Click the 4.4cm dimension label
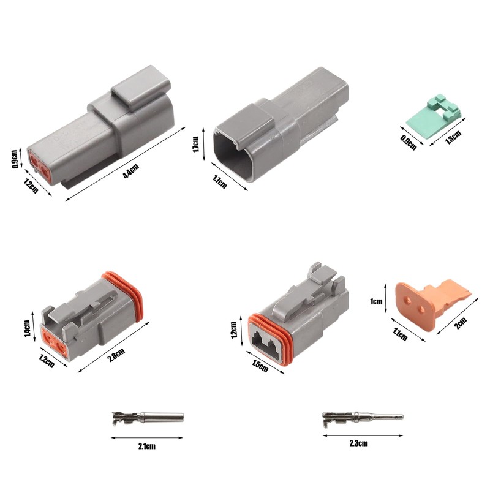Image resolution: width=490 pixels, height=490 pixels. (131, 171)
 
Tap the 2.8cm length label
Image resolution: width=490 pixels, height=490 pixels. (116, 355)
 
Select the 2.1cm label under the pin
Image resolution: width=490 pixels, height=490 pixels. (147, 446)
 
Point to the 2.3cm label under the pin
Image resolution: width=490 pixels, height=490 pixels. (358, 443)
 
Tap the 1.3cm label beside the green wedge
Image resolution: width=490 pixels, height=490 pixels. (453, 137)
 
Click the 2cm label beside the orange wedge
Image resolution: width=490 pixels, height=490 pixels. (461, 323)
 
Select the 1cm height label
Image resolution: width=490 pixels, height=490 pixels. (376, 301)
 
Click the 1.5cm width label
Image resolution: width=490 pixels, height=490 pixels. (259, 365)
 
